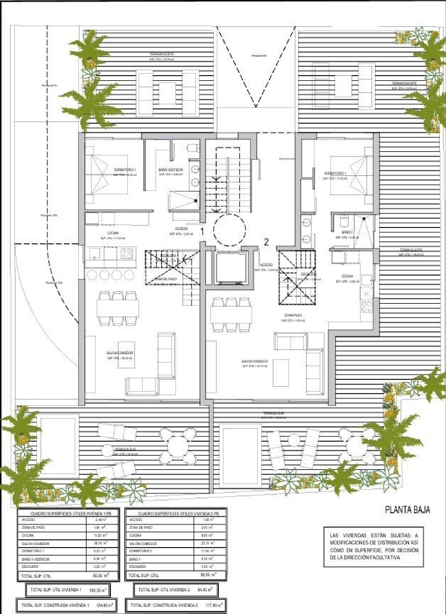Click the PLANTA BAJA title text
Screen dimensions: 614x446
point(407,510)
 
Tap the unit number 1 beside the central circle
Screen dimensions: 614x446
point(202,232)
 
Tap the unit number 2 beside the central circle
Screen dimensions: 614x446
point(266,242)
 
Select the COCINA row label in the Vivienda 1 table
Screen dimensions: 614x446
point(28,535)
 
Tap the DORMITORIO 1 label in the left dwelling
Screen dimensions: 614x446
point(125,170)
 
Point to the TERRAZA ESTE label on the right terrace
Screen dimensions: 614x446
point(411,250)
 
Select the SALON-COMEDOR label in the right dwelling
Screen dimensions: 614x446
point(255,361)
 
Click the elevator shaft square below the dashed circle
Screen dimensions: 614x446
point(229,266)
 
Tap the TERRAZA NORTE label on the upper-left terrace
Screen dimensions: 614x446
point(161,54)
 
